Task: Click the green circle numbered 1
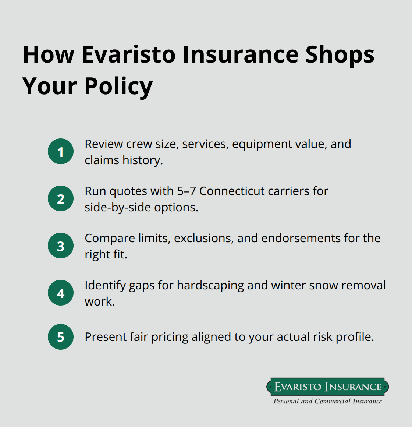[x=61, y=151]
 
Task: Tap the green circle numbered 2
[x=61, y=198]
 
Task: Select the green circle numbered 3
[x=61, y=246]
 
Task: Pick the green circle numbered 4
[x=61, y=293]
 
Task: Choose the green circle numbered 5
[x=61, y=336]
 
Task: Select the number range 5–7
[x=187, y=191]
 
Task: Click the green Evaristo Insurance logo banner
[x=327, y=387]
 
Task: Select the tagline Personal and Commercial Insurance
[x=327, y=401]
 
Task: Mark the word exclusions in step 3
[x=203, y=238]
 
